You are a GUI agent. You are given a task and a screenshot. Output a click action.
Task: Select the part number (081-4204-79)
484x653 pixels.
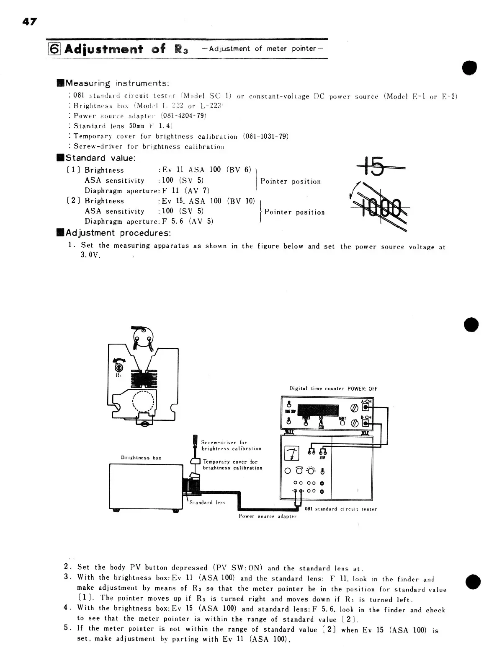[x=184, y=116]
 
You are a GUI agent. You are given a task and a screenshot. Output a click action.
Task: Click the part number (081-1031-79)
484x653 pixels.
[x=265, y=136]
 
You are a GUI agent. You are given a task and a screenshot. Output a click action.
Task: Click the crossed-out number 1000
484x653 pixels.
[x=381, y=207]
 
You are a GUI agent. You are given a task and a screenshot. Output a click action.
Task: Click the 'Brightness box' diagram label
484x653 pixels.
[x=141, y=458]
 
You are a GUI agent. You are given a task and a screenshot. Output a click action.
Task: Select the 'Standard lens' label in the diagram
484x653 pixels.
[x=207, y=503]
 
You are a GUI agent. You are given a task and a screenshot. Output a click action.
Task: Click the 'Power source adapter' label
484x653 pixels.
[x=267, y=516]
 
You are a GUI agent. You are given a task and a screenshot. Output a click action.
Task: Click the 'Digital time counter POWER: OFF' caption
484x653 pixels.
[x=333, y=389]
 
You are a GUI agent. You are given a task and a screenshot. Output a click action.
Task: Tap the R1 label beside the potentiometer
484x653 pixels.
[x=118, y=375]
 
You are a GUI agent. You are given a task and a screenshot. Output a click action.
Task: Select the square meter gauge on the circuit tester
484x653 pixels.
[x=292, y=453]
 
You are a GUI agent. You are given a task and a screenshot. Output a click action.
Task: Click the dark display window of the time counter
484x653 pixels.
[x=320, y=411]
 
